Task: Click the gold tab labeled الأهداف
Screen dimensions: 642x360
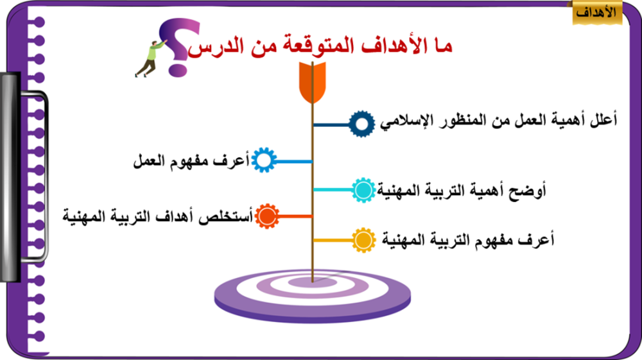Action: click(597, 13)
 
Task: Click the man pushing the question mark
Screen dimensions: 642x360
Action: click(150, 58)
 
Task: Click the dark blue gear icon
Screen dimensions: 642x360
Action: click(362, 124)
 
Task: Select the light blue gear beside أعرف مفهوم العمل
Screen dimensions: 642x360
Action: click(264, 160)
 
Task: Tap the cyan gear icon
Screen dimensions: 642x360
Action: click(363, 190)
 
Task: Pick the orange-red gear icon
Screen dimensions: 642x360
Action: click(267, 216)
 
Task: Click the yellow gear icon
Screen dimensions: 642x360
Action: click(363, 240)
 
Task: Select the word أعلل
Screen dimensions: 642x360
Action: click(604, 119)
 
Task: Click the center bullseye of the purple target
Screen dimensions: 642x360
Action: click(313, 282)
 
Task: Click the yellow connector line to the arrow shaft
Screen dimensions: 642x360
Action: click(333, 241)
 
